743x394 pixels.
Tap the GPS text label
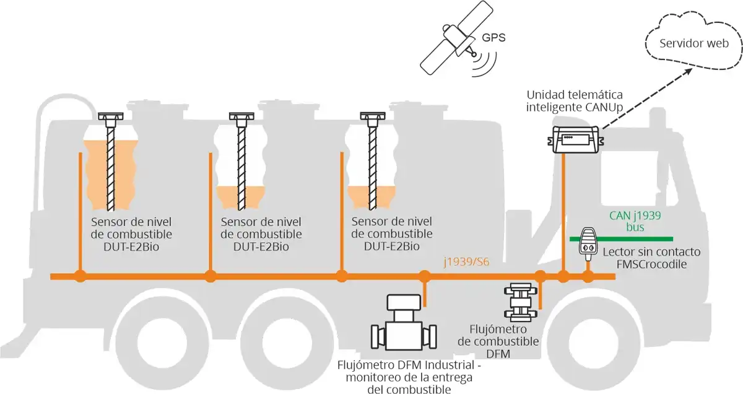point(493,37)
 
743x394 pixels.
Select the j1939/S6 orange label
point(466,262)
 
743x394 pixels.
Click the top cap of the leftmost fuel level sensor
point(111,116)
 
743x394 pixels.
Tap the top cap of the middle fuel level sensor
point(241,116)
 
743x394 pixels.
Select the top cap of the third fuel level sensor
point(373,116)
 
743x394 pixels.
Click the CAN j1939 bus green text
point(635,221)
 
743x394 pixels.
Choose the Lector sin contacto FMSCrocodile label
point(651,258)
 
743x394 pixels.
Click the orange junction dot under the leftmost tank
point(79,276)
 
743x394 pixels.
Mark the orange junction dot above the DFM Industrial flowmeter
point(424,276)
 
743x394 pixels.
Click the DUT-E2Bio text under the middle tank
point(261,246)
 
